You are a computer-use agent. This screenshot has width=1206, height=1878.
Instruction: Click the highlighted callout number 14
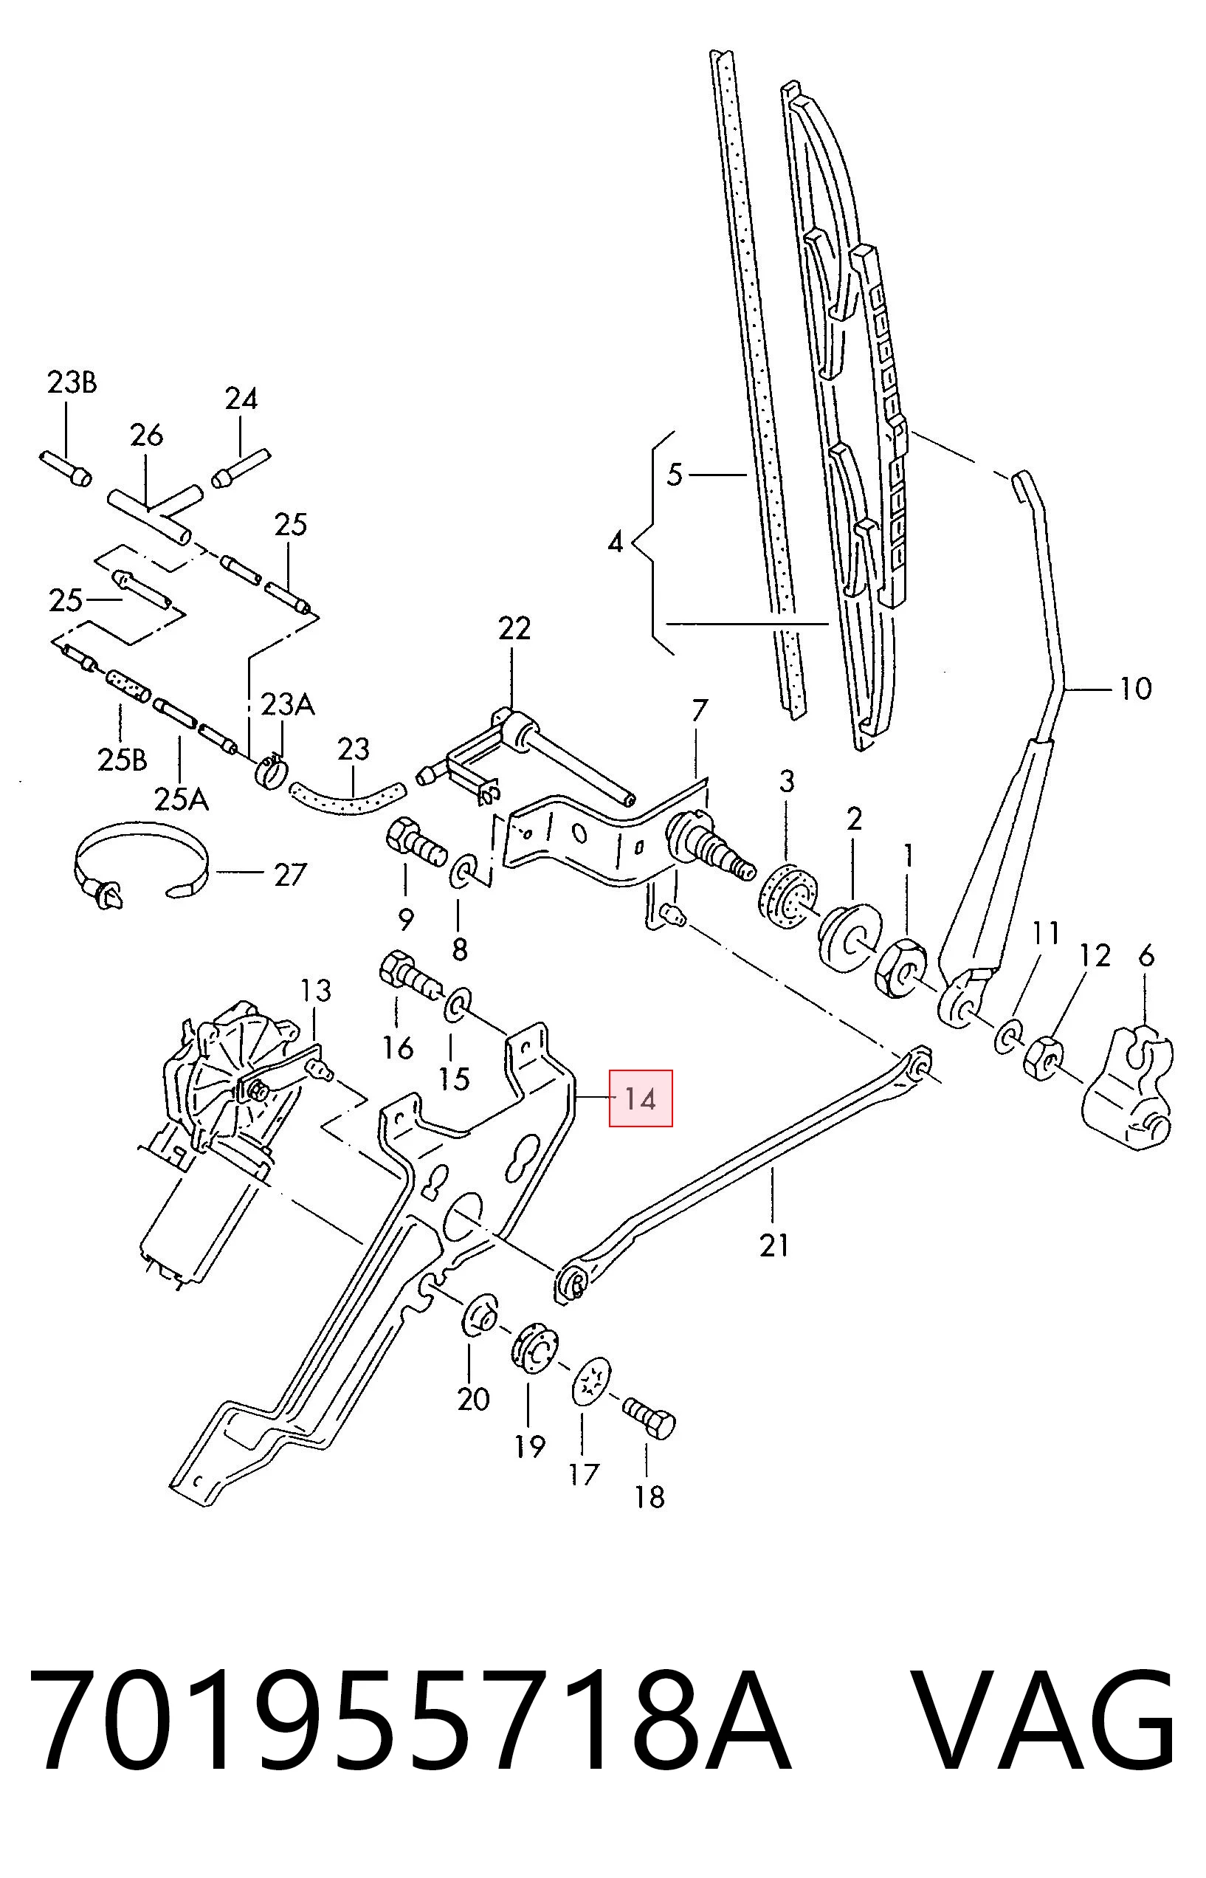click(640, 1099)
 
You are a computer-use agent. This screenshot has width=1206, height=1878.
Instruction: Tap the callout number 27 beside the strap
click(290, 875)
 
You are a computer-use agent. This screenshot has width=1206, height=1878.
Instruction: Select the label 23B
click(72, 383)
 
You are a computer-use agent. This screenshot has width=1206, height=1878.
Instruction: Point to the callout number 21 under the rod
click(773, 1245)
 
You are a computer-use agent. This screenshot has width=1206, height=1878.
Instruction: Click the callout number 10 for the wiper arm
click(1137, 689)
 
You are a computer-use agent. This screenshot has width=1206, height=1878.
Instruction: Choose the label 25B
click(123, 760)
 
